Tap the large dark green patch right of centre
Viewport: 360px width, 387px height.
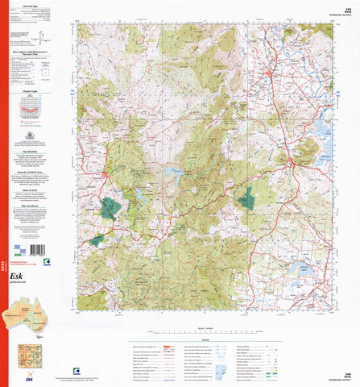click(244, 197)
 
